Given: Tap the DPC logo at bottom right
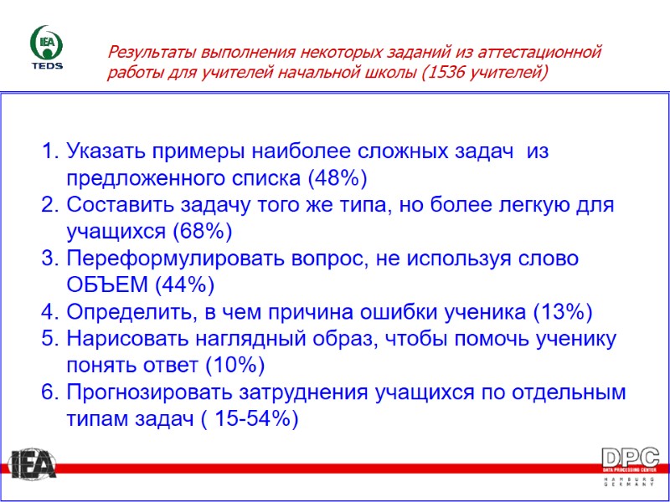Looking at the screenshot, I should click(x=630, y=467).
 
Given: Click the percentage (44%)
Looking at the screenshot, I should click(x=185, y=284).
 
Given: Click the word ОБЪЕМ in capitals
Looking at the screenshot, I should click(x=107, y=284).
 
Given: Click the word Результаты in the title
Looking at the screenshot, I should click(x=147, y=53).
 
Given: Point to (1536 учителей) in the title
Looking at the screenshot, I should click(x=486, y=73).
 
